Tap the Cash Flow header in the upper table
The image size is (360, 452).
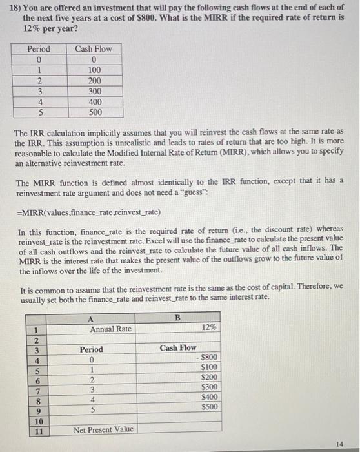click(x=93, y=49)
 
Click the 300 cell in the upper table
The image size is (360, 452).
click(x=94, y=91)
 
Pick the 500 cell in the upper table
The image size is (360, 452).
click(x=94, y=112)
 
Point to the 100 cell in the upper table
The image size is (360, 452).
click(x=94, y=70)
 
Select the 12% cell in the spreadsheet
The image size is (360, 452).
click(x=208, y=328)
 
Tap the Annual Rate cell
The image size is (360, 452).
click(x=111, y=329)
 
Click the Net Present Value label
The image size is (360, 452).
click(x=104, y=429)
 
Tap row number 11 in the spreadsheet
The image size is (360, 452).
click(x=38, y=429)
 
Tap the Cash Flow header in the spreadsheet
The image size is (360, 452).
click(x=179, y=348)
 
